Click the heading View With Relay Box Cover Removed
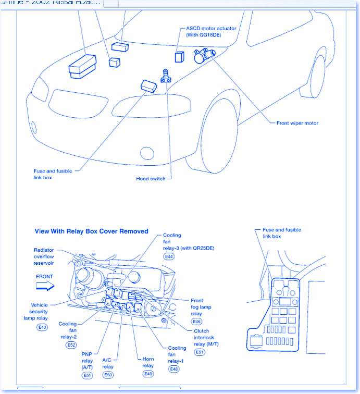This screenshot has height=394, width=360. click(x=91, y=231)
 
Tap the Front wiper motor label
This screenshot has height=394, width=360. click(x=297, y=124)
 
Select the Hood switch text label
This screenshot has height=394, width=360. click(x=151, y=179)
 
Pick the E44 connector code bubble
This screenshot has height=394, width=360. click(x=169, y=257)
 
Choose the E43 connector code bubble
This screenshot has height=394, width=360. click(x=42, y=327)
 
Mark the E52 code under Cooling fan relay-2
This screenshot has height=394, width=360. click(x=71, y=345)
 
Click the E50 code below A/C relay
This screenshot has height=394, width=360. click(x=108, y=375)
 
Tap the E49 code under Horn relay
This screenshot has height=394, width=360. click(x=148, y=374)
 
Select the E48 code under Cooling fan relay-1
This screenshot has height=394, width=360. click(x=174, y=369)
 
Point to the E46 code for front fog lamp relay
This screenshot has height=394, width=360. click(x=196, y=322)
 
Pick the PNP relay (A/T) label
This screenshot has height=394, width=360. click(x=87, y=361)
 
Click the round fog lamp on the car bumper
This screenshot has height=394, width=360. click(x=147, y=153)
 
